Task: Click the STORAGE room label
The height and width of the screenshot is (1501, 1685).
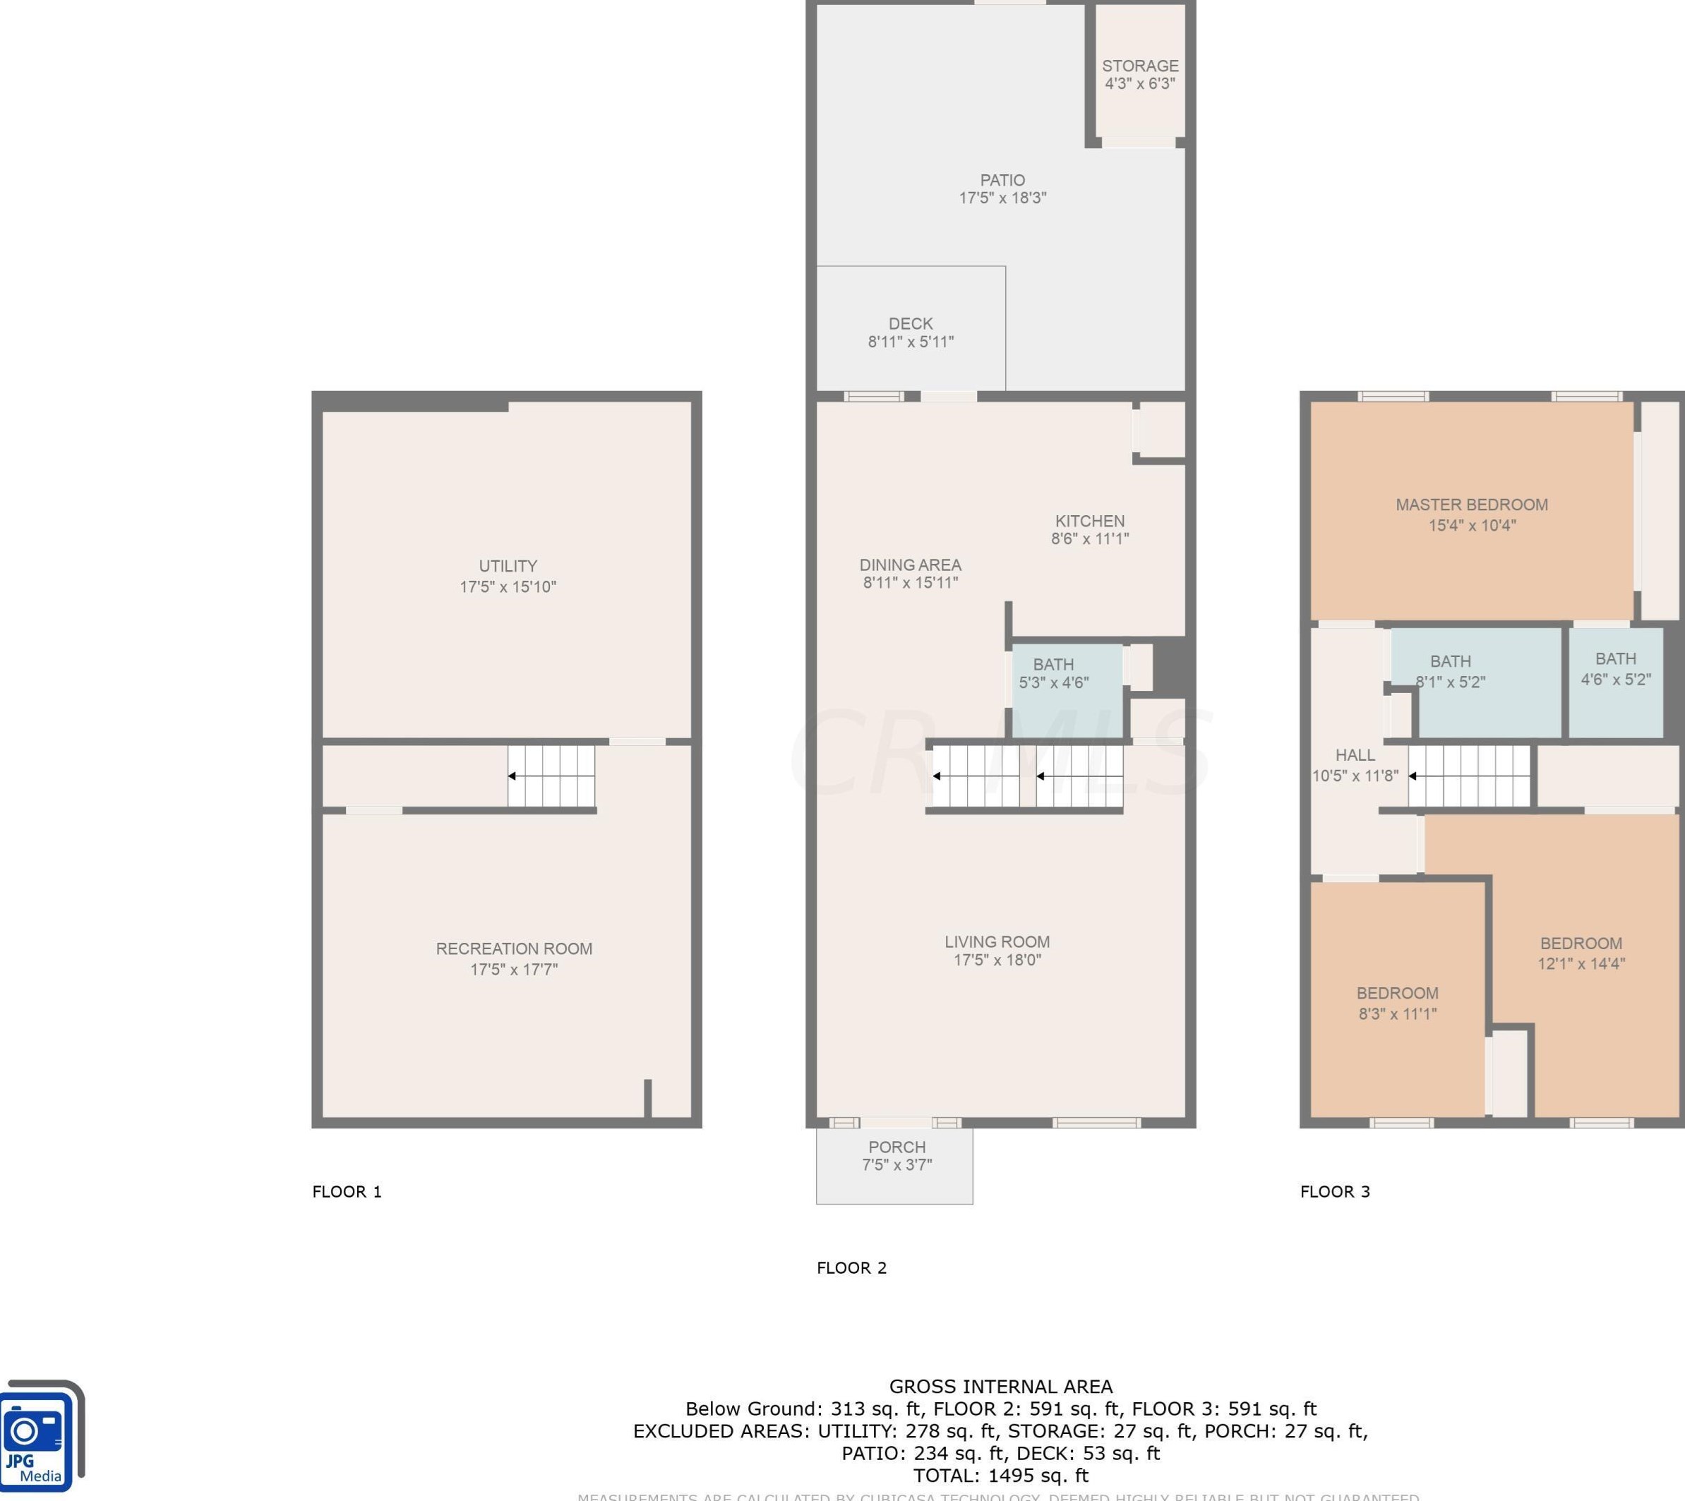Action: click(x=1140, y=66)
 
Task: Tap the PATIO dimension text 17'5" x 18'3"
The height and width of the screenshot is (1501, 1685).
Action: click(x=1002, y=198)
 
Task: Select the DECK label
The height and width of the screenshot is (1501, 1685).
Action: click(x=911, y=324)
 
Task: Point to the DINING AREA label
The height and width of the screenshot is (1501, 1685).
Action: click(x=910, y=565)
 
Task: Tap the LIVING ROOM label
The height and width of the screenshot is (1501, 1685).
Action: click(x=997, y=942)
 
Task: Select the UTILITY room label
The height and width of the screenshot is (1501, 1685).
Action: click(x=508, y=567)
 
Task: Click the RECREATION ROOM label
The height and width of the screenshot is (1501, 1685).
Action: click(x=514, y=949)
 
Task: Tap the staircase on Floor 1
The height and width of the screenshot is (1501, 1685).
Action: click(x=551, y=776)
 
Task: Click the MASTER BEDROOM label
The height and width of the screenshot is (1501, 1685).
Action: click(x=1471, y=505)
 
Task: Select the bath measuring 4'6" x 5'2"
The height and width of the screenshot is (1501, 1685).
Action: click(x=1615, y=669)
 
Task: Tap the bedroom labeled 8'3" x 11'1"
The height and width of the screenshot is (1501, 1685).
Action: click(x=1397, y=1003)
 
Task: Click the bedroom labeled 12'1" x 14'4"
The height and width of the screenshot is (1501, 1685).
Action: click(x=1581, y=953)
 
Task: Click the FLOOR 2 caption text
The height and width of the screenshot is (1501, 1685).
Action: click(x=851, y=1267)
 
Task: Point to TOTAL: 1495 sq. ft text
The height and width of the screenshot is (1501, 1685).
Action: click(x=1000, y=1476)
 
